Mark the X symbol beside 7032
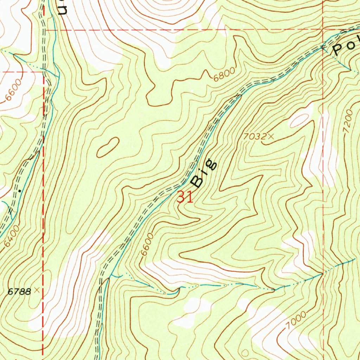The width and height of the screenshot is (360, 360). click(x=270, y=136)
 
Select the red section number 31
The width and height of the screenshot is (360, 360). click(x=185, y=197)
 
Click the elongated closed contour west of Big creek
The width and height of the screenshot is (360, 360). click(x=108, y=147)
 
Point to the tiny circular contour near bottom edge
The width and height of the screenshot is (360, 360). click(x=246, y=352)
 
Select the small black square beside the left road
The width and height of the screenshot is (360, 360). click(x=20, y=190)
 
